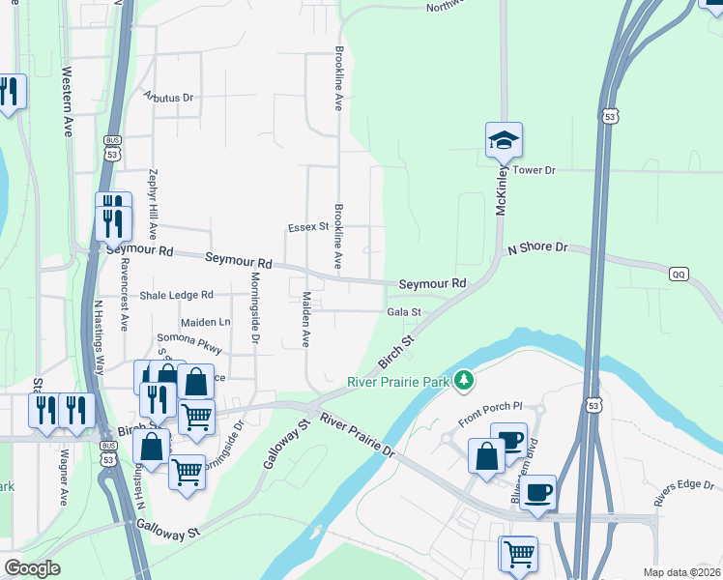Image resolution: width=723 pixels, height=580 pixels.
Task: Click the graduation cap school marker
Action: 504,141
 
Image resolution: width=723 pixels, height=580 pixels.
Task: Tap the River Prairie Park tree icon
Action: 465,380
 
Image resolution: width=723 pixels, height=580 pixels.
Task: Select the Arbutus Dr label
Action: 168,98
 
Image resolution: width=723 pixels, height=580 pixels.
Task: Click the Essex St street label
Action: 308,228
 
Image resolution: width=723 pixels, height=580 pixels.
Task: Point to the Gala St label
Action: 404,312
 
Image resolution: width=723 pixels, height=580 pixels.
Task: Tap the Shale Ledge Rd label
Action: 176,295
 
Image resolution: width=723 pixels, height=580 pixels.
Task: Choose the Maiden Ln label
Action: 206,321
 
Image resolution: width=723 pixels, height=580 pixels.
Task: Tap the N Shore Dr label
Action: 537,248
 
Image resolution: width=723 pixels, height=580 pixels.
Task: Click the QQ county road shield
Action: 679,275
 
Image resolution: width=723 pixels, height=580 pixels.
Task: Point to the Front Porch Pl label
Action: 489,415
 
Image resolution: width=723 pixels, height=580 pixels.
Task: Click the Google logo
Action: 32,568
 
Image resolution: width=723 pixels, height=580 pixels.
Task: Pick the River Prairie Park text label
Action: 399,382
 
